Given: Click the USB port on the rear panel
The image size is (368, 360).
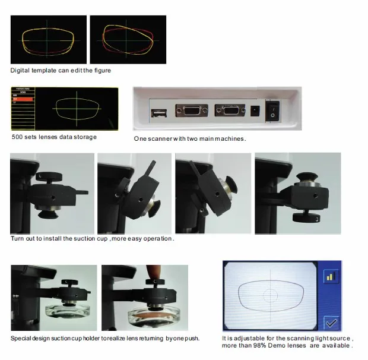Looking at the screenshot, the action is tap(159, 113).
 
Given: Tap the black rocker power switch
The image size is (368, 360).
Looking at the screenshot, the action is tap(272, 111).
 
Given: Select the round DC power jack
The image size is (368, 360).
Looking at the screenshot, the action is tap(255, 111).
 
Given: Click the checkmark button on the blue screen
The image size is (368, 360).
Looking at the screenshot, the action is tap(331, 323).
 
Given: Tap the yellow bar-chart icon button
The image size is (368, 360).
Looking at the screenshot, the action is tap(331, 276).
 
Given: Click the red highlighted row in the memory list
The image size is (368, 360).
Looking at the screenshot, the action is tap(23, 99).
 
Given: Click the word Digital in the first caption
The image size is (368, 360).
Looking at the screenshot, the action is tap(20, 71).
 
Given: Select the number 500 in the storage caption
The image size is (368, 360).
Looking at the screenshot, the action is tap(17, 137).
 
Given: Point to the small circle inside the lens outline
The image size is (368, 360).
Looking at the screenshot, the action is tap(271, 295).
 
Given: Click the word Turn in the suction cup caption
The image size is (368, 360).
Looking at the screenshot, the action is tap(17, 239).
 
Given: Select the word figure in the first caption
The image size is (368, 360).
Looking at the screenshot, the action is tap(103, 71).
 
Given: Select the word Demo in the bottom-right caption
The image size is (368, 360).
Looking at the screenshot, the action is tap(276, 345).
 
